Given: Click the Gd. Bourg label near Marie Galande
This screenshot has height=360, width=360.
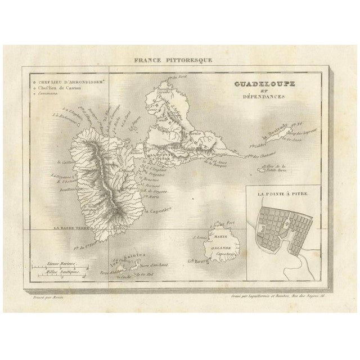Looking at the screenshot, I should tap(197, 260).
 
